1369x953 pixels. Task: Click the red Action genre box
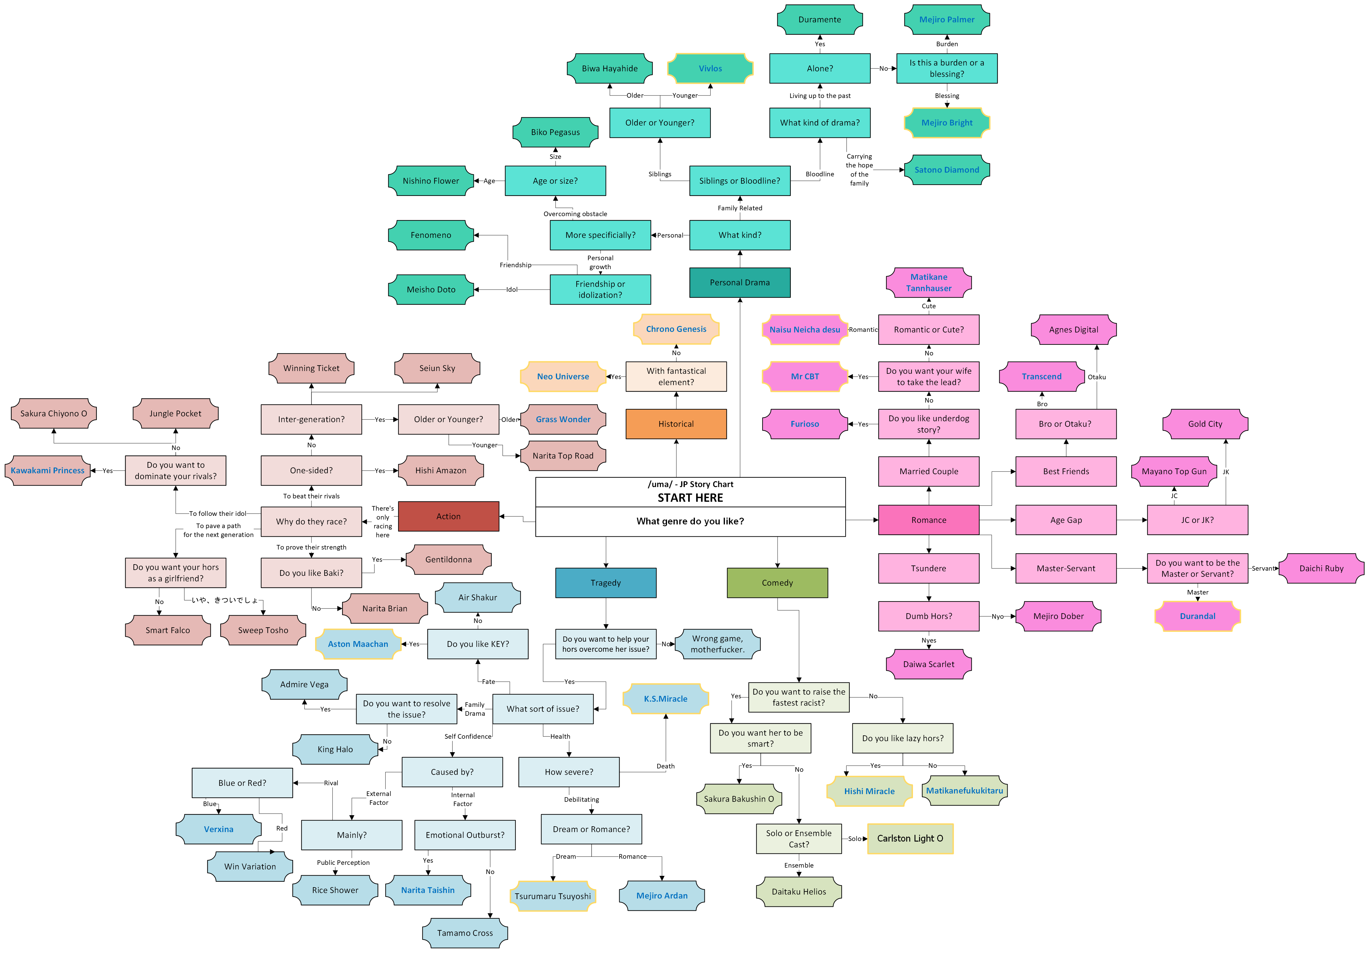coord(448,516)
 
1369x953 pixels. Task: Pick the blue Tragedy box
coord(606,582)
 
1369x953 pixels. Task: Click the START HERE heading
coord(690,498)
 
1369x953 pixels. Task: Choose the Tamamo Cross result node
coord(465,933)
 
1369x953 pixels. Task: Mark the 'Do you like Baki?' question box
coord(311,573)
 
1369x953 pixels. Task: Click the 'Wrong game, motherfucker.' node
coord(717,644)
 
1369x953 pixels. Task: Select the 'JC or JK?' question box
coord(1197,520)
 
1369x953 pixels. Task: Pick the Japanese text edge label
coord(225,600)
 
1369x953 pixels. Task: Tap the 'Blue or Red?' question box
coord(242,782)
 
